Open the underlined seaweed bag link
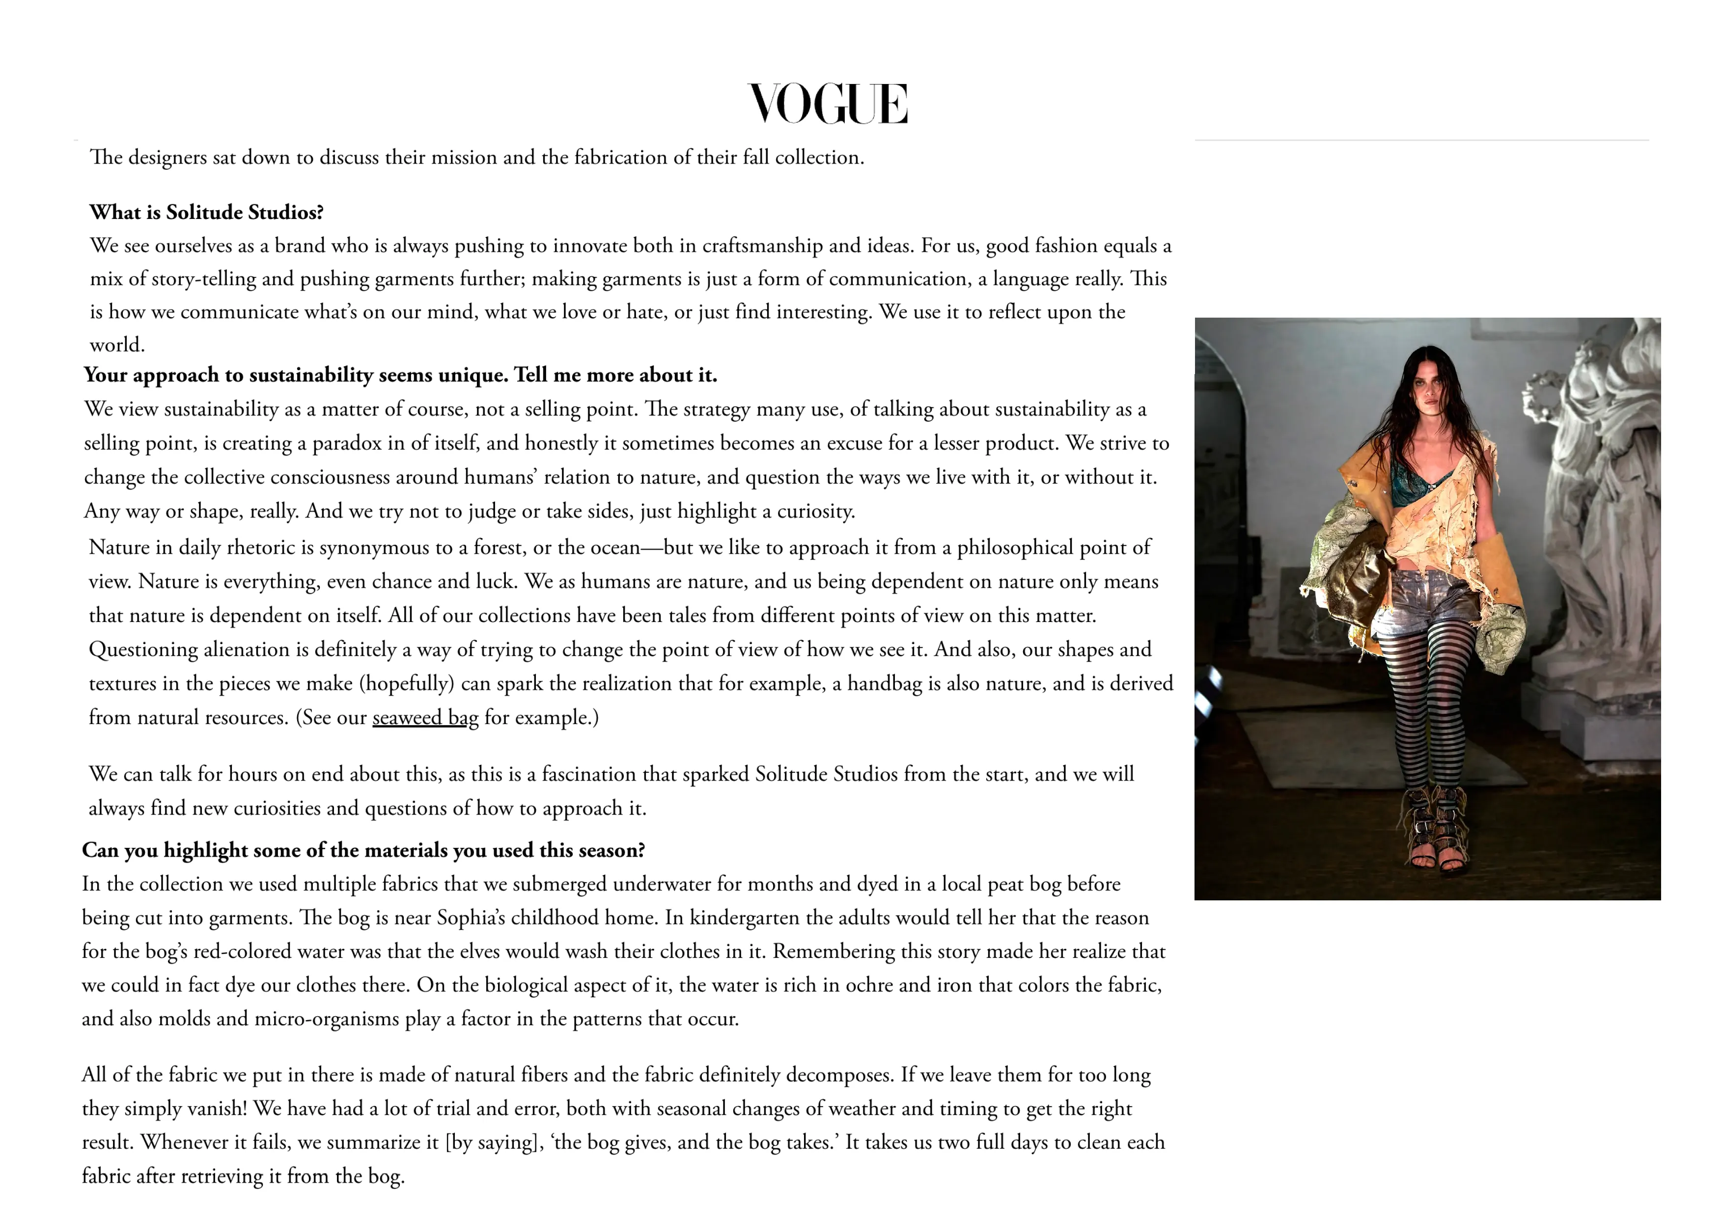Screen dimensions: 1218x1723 (x=425, y=718)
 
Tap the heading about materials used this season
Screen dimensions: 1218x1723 (x=363, y=850)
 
